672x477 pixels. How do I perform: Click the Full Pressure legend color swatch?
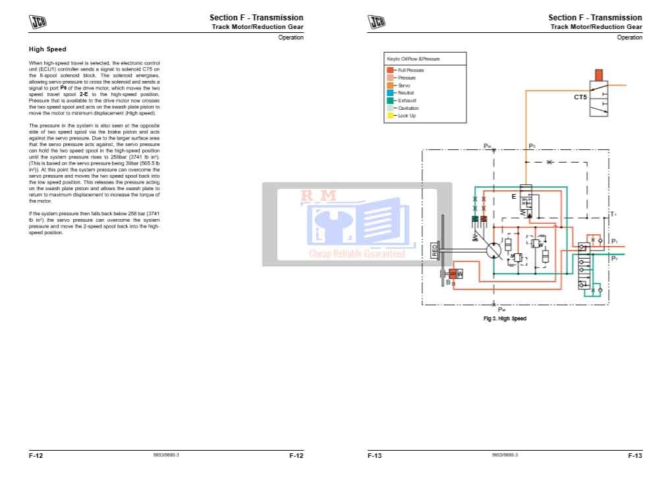[390, 70]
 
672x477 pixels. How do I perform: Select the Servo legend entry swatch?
[390, 86]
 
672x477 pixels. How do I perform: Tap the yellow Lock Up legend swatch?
[390, 116]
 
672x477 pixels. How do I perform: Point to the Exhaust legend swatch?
[390, 101]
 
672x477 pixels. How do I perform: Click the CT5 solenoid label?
[580, 97]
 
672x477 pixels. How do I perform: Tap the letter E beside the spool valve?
[513, 197]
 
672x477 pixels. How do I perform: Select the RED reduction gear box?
[434, 250]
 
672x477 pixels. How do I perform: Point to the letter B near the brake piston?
[448, 282]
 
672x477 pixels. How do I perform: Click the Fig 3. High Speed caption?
[505, 318]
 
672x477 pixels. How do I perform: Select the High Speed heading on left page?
[47, 49]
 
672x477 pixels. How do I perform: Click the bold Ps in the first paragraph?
[64, 88]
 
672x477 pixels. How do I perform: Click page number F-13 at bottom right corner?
[634, 455]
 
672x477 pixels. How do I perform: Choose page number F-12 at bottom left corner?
[36, 455]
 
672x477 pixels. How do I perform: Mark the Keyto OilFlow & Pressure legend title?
[413, 59]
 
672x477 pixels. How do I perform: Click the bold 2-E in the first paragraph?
[84, 94]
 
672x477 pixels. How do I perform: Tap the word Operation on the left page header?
[291, 38]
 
